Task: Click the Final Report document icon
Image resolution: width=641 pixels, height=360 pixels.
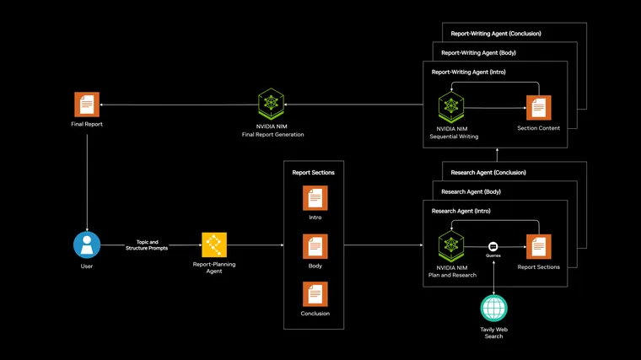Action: (86, 105)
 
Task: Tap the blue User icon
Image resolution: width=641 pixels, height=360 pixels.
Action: (86, 245)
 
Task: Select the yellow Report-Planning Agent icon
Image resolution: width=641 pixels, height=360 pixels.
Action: (214, 245)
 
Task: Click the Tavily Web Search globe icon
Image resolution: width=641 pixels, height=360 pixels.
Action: (493, 308)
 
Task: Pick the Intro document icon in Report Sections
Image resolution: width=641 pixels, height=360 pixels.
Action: (315, 198)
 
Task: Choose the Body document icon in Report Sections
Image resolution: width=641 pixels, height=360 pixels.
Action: (315, 246)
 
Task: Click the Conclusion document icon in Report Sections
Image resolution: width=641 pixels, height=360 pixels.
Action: (315, 294)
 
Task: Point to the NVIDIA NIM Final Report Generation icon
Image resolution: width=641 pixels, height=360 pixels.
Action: (271, 105)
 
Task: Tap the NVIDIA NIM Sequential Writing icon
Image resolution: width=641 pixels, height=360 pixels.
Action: (451, 107)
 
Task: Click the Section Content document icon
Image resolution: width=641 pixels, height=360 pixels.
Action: (538, 108)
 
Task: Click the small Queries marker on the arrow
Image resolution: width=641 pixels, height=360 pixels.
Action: (493, 246)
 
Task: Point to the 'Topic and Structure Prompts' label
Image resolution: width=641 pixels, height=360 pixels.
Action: (147, 245)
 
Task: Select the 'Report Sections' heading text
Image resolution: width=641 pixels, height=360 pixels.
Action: (313, 173)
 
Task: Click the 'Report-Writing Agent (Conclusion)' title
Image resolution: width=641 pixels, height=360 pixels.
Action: (496, 34)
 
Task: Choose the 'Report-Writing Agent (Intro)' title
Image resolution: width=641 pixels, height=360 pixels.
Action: (468, 73)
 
